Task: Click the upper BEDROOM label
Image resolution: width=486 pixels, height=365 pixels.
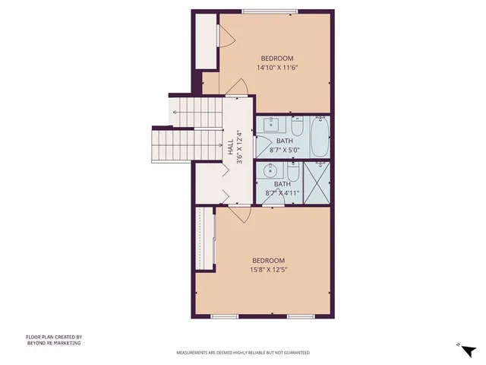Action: pos(276,59)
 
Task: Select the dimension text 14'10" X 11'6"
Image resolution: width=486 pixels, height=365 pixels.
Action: pos(276,68)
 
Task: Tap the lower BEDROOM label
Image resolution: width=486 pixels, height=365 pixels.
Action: pos(268,259)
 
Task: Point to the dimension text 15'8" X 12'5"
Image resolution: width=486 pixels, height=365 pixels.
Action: pos(268,268)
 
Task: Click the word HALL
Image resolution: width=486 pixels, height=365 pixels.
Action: pos(230,147)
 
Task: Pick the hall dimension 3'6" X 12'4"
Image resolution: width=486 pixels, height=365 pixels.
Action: pos(239,147)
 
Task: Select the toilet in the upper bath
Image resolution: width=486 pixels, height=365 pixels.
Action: pos(297,125)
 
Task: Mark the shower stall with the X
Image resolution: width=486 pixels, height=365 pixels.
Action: pos(317,182)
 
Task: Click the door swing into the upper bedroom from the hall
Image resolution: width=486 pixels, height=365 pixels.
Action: pos(238,87)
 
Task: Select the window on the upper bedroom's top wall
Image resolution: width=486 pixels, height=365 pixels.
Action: pos(270,11)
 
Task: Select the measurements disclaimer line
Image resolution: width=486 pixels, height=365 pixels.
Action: pos(242,353)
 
